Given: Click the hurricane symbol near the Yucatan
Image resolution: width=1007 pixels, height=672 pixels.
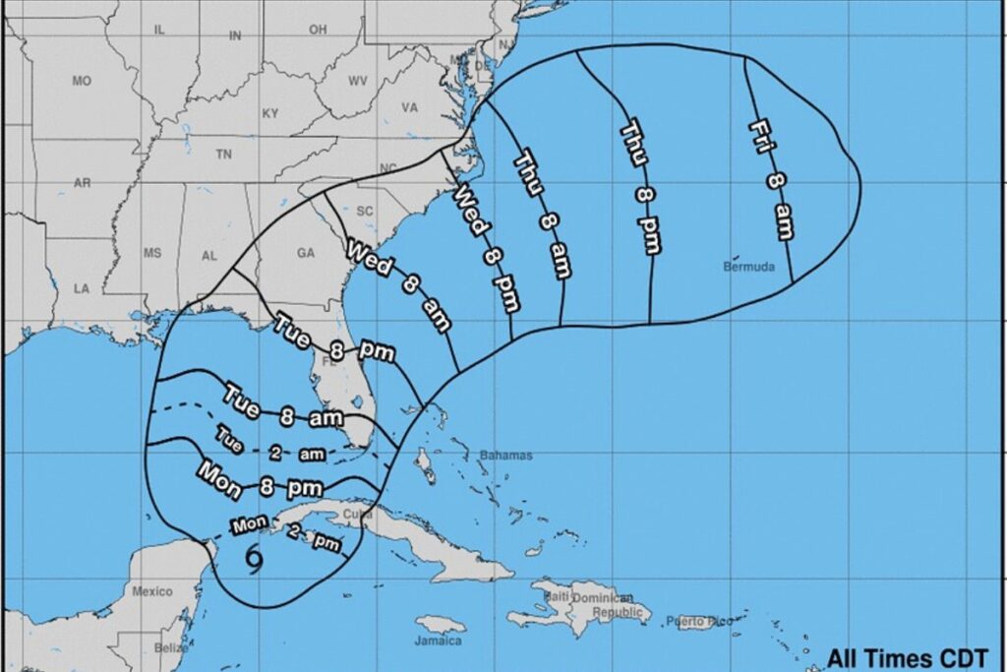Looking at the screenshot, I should coord(254,559).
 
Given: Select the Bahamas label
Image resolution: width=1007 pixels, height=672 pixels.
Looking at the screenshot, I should coord(505,456).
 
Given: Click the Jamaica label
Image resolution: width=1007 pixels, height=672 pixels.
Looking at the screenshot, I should coord(439,641).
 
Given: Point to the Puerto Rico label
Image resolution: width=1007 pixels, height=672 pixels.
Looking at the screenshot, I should coord(699,621).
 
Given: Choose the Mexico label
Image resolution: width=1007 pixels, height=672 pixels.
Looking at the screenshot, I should coord(152,591).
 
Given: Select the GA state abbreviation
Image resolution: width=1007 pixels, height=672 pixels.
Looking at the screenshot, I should coord(305,253).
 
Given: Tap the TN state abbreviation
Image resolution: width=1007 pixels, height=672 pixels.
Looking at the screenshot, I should coord(224,154).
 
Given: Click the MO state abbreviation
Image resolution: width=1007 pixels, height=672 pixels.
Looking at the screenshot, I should coord(82,82).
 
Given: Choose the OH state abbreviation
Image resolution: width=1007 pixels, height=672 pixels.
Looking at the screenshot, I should coord(317,31).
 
